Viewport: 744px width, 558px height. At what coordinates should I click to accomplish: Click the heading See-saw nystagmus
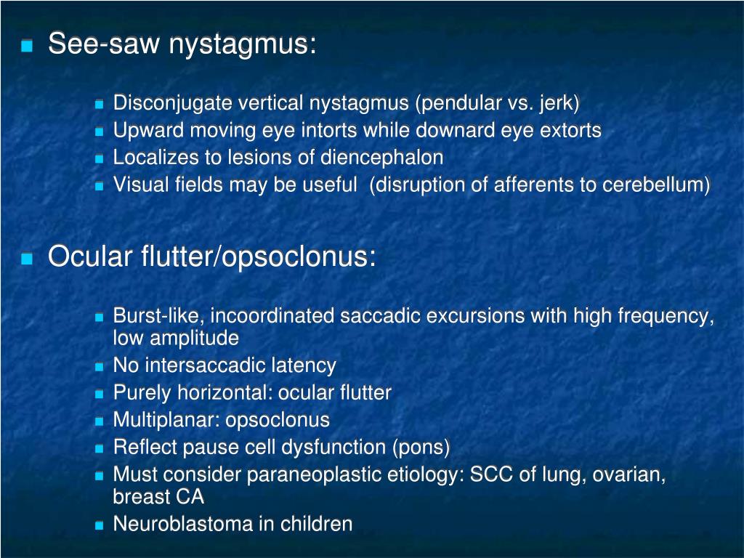[x=182, y=45]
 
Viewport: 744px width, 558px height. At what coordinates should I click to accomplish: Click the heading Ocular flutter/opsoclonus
[x=211, y=256]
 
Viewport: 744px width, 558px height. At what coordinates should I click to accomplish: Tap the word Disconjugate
[x=162, y=104]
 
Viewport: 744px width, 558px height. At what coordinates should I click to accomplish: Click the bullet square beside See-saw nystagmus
[x=28, y=46]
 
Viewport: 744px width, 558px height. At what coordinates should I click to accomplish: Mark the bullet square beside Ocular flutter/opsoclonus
[x=28, y=258]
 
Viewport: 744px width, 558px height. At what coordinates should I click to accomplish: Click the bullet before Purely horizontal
[x=100, y=394]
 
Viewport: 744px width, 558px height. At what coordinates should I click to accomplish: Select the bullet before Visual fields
[x=100, y=185]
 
